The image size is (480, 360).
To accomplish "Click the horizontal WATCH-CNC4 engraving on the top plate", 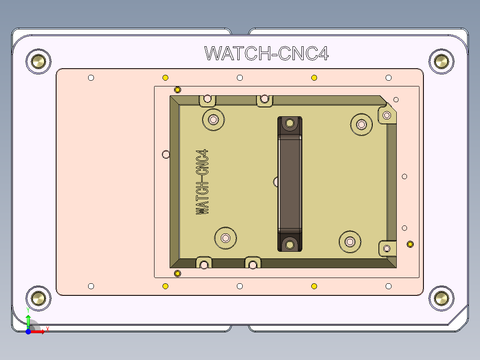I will click(x=266, y=53).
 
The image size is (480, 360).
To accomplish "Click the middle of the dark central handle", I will click(x=290, y=184).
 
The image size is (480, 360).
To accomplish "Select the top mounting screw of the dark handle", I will click(x=290, y=123).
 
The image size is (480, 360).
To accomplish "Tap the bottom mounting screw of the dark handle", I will click(x=290, y=245).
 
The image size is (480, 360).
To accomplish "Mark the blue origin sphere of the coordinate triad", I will click(x=28, y=331).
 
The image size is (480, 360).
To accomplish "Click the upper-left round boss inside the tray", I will click(x=213, y=119).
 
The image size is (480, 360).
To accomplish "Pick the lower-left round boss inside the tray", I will click(x=226, y=237).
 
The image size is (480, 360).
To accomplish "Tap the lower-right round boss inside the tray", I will click(x=350, y=241).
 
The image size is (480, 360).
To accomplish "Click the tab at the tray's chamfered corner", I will click(x=386, y=115).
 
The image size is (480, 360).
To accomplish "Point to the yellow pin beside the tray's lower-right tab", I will click(x=410, y=244).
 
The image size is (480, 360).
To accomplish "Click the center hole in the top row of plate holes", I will click(x=240, y=78).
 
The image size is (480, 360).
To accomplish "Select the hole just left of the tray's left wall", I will click(x=166, y=154).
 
